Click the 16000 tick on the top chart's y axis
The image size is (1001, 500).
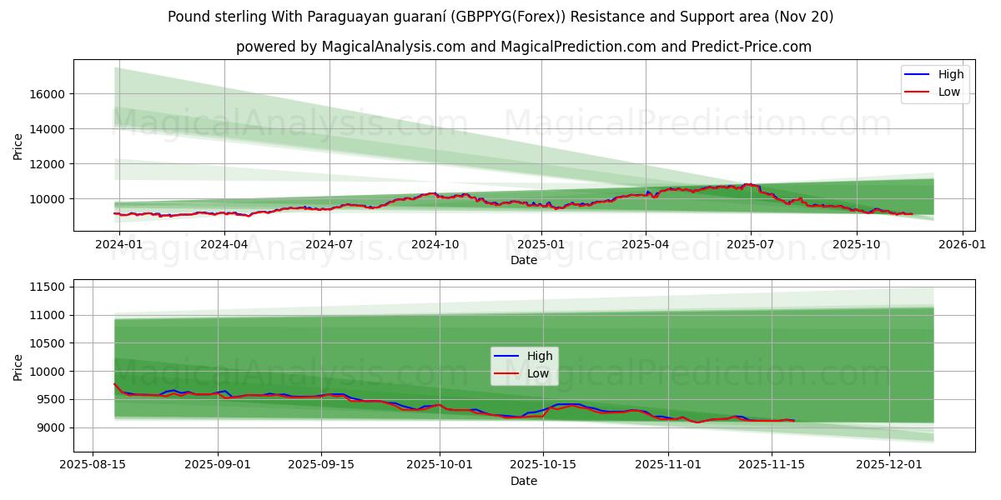point(48,94)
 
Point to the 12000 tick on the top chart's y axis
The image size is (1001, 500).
point(48,164)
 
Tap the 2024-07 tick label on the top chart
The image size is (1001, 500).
point(329,244)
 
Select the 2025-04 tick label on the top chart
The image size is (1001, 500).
point(646,244)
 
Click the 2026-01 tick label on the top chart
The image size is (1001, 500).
point(962,244)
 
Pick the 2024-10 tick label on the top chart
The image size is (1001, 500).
point(435,244)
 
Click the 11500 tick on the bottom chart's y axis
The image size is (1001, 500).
point(48,287)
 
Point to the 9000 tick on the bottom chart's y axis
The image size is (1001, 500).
point(52,427)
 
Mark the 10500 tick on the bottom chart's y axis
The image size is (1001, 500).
point(48,343)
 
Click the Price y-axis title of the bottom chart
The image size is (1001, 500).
point(18,367)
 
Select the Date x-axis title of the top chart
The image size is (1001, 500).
point(524,260)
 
